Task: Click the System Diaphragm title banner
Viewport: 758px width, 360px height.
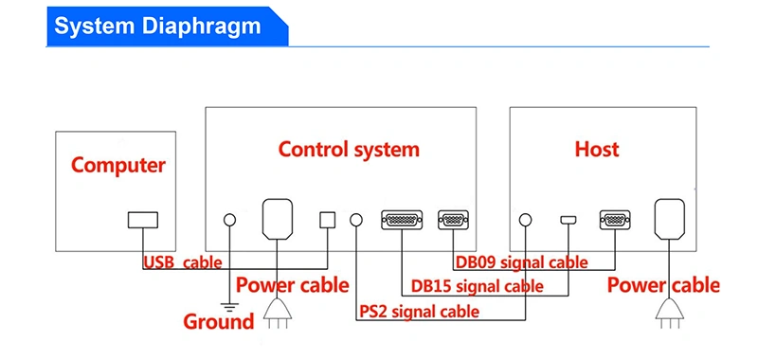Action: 168,27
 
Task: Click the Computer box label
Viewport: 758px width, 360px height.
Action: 118,166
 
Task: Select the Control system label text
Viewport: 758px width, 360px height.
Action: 349,150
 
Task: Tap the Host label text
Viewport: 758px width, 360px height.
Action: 597,150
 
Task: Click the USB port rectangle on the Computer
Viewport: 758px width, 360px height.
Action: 143,220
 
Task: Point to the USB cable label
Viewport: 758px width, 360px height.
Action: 183,262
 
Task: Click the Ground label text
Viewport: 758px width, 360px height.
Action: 219,321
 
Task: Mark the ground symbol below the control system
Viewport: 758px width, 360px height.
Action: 229,306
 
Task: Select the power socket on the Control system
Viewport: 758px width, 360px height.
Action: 277,219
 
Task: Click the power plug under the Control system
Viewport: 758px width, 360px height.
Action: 278,314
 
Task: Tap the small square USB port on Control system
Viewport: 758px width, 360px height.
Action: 327,220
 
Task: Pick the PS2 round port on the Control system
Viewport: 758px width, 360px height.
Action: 356,221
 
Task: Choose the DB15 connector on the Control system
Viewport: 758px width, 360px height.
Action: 402,220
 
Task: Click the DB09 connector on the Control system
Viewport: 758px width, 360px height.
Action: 453,220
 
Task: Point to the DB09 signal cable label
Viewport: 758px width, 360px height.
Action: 522,262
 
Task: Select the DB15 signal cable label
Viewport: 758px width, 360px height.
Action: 478,286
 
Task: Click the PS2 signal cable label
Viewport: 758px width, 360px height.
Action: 419,311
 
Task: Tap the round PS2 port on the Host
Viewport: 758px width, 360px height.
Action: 526,221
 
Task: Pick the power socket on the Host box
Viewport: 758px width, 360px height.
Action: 670,219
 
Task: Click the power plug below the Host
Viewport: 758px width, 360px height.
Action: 670,314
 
